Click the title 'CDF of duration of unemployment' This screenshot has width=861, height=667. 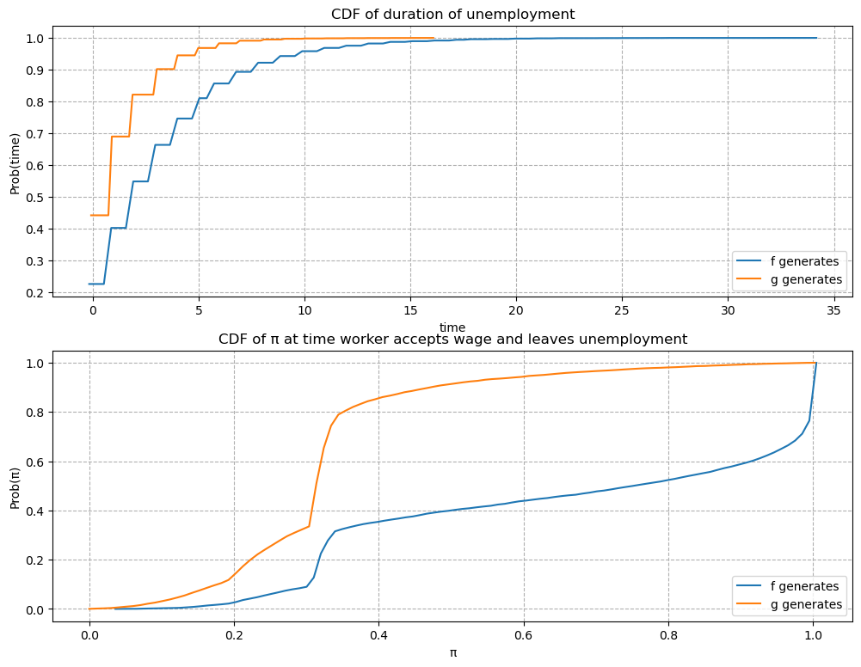pos(452,14)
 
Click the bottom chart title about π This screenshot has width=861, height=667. pos(452,339)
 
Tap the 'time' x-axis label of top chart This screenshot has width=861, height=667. pos(452,327)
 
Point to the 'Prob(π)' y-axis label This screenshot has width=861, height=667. pos(15,486)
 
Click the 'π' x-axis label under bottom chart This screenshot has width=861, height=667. pos(452,652)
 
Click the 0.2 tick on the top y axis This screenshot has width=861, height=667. pos(35,293)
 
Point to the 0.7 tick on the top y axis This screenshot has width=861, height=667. pos(35,134)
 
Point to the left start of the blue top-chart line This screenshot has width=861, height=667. pos(89,284)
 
